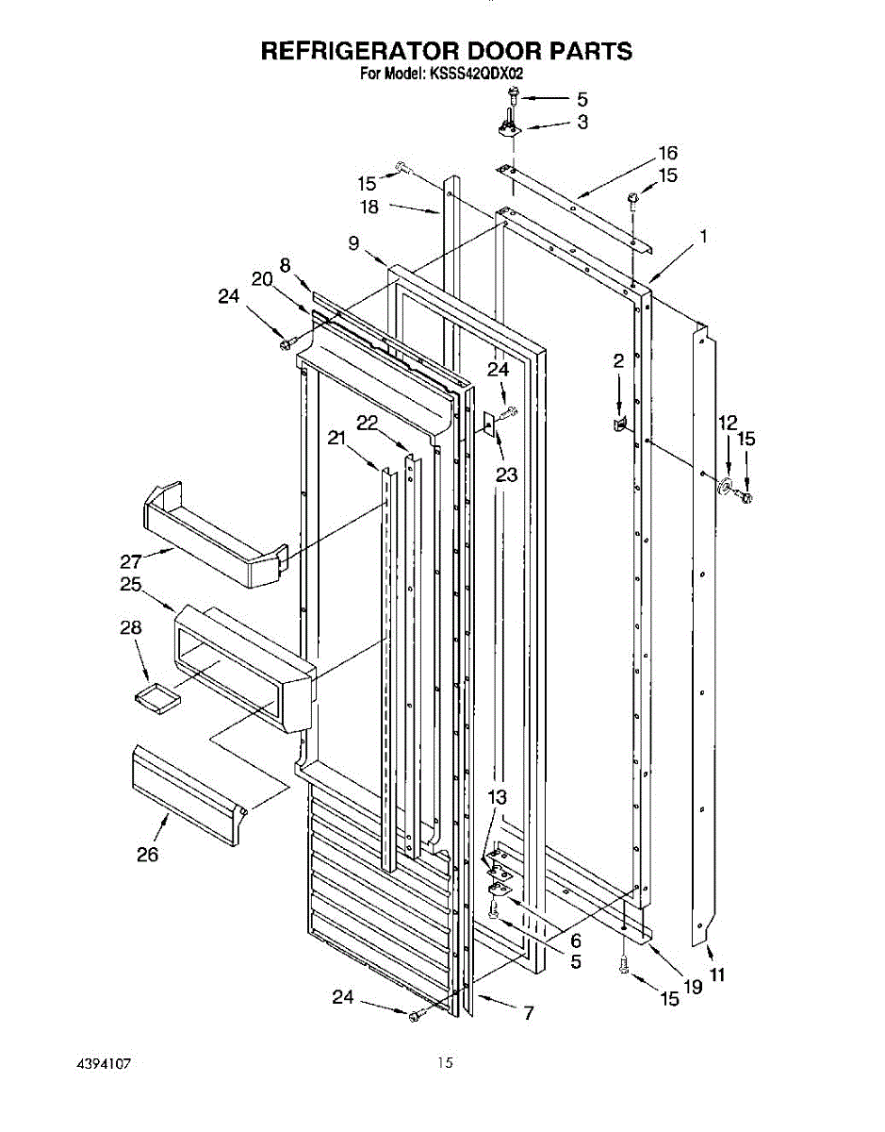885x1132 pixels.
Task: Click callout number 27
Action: point(132,560)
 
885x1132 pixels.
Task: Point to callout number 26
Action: point(147,855)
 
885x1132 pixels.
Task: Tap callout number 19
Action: point(693,987)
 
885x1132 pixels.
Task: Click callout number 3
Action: point(582,122)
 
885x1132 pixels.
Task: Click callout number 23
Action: point(506,474)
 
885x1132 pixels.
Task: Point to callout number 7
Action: point(528,1013)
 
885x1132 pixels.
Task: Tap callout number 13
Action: point(498,797)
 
